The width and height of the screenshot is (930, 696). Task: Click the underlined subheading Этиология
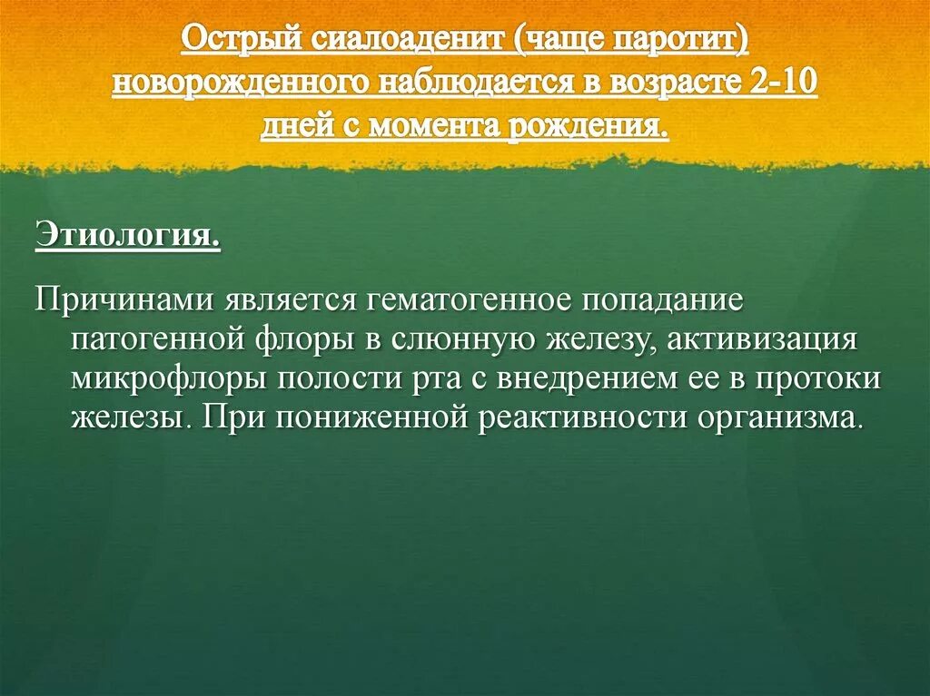127,237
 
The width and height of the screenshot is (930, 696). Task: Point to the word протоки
817,378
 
